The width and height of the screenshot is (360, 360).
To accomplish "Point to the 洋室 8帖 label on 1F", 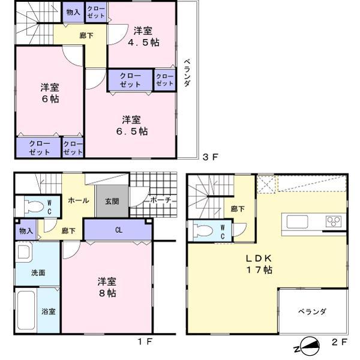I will pos(107,287).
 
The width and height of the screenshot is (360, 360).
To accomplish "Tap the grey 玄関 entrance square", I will pos(112,200).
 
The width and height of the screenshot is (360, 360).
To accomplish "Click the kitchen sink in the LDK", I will pos(297,221).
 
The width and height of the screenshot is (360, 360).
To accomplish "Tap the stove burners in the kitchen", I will pos(334,221).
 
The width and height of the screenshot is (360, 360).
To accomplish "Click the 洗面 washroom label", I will pos(38,272).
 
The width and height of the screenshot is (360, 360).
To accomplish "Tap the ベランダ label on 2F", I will pos(313,311).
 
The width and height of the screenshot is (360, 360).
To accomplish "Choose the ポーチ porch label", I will pos(161,200).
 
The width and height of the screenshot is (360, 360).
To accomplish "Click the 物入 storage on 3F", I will pos(73,11).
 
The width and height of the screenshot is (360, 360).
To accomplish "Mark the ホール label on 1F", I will pos(79,200).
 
